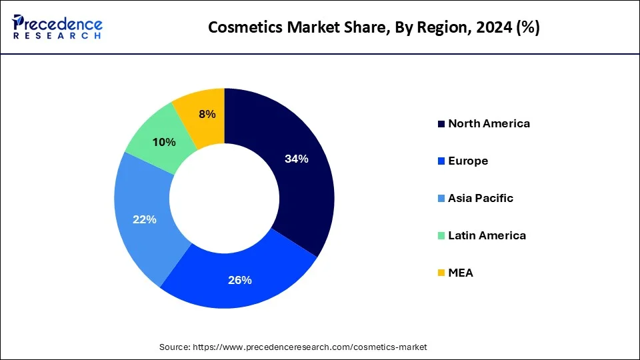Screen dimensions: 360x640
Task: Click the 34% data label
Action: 296,159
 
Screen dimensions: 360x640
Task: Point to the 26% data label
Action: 239,280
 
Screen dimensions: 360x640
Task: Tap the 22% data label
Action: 145,219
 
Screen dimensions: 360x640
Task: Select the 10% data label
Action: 164,142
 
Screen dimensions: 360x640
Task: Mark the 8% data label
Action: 207,114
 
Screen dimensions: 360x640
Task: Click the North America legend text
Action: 489,123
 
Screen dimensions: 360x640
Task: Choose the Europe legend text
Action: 468,161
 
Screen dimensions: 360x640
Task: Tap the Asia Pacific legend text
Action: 481,198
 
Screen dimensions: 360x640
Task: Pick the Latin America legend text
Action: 487,235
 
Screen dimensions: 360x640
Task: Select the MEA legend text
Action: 461,273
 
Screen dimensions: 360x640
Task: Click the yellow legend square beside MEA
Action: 441,273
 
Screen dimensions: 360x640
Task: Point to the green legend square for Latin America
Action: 441,236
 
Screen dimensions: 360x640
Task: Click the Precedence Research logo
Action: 57,27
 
